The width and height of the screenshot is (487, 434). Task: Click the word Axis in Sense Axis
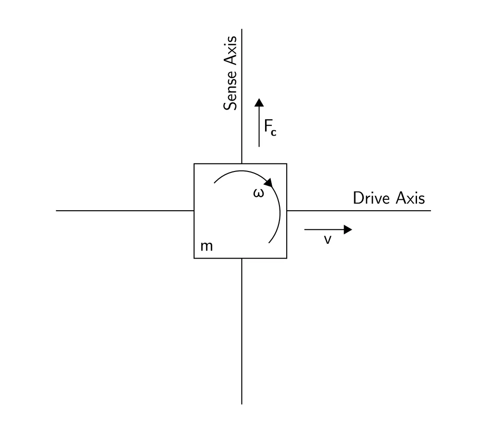pyautogui.click(x=231, y=50)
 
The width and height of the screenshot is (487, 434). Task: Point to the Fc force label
pyautogui.click(x=270, y=127)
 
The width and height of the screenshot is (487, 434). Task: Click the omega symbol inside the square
pyautogui.click(x=258, y=193)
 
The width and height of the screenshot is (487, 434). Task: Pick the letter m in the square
pyautogui.click(x=207, y=246)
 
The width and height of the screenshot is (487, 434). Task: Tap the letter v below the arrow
pyautogui.click(x=327, y=240)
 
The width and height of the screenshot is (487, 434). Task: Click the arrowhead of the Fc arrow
pyautogui.click(x=259, y=102)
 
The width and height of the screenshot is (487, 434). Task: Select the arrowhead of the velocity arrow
pyautogui.click(x=348, y=230)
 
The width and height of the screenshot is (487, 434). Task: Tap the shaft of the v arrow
pyautogui.click(x=324, y=230)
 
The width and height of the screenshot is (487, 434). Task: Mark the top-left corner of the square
pyautogui.click(x=194, y=164)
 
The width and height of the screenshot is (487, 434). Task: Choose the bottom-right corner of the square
pyautogui.click(x=287, y=258)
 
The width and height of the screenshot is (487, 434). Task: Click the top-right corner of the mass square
pyautogui.click(x=287, y=164)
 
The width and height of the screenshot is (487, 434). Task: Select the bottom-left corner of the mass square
pyautogui.click(x=194, y=258)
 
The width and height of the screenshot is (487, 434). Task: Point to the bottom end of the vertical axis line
pyautogui.click(x=242, y=403)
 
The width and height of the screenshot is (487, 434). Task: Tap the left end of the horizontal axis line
pyautogui.click(x=57, y=210)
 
